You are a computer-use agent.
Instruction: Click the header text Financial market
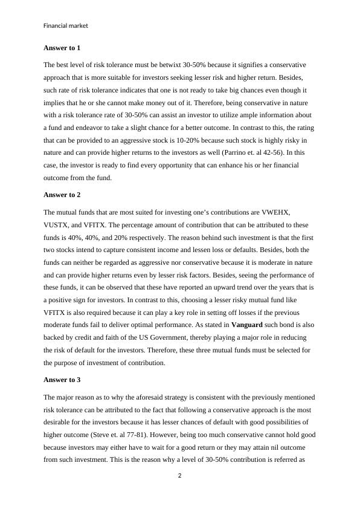(x=66, y=26)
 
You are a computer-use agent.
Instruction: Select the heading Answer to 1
(x=62, y=47)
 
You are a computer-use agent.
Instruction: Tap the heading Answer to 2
(x=62, y=195)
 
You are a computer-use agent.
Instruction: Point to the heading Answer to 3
(x=62, y=380)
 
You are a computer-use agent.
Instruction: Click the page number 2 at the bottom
(x=180, y=475)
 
